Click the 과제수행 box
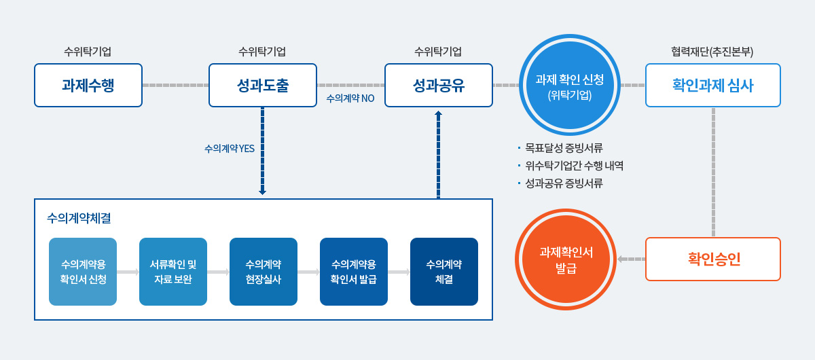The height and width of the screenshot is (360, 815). coord(88,86)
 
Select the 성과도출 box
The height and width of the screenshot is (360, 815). coord(263,86)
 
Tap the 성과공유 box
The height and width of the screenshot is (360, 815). coord(439,86)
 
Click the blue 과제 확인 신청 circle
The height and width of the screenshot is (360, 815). coord(569,86)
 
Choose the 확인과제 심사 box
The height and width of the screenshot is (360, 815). coord(712,86)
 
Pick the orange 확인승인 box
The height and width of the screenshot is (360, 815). coord(712,259)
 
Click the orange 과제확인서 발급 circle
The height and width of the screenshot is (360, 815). coord(566,259)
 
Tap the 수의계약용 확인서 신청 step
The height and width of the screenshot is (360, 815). coord(83,272)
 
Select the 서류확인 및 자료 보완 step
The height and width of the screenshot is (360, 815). coord(173,272)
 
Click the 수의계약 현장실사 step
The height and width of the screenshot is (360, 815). coord(264,272)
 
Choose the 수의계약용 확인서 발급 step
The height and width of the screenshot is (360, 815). coord(354,272)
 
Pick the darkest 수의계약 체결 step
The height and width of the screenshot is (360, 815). coord(444,272)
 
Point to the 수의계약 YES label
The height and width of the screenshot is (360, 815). coord(230,149)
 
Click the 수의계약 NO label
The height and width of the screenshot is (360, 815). coord(350,98)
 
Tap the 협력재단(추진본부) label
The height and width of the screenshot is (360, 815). coord(712,52)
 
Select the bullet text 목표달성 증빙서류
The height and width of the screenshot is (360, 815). coord(564,148)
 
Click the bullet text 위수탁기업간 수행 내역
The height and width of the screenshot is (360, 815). coord(574,166)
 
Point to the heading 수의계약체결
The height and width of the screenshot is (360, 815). coord(79,218)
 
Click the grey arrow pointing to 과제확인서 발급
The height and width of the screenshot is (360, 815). coord(631,259)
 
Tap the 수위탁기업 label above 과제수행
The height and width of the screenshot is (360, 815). coord(88,52)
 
